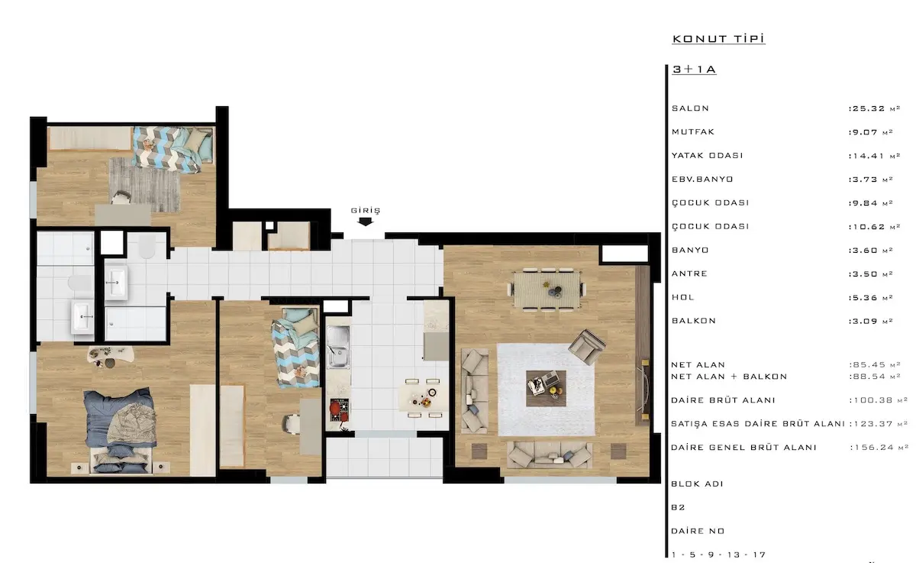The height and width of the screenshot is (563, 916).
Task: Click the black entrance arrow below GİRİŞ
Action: (365, 222)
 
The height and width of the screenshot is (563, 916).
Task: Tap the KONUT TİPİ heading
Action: (718, 39)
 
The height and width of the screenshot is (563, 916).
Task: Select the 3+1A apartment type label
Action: (694, 70)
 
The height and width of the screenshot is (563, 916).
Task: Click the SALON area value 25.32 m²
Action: (874, 108)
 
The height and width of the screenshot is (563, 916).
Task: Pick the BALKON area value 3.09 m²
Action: (871, 321)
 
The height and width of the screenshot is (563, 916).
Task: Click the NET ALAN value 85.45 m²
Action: (874, 364)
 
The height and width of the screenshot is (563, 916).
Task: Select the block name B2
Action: (678, 507)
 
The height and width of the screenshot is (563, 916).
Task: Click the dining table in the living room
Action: (547, 290)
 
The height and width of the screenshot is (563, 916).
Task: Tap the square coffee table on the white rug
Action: (546, 388)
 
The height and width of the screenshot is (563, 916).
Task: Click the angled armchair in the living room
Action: (587, 347)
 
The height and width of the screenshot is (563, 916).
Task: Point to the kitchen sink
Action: (338, 347)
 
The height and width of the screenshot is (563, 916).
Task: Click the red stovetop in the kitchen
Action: (340, 410)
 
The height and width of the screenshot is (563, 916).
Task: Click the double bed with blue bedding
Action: (119, 429)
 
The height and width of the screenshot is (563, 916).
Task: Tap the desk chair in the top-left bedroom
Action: (121, 198)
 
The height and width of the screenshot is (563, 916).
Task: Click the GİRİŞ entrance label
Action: (365, 210)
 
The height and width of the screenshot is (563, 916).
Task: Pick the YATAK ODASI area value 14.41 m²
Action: (874, 156)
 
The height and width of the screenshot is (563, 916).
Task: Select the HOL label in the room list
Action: (683, 297)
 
